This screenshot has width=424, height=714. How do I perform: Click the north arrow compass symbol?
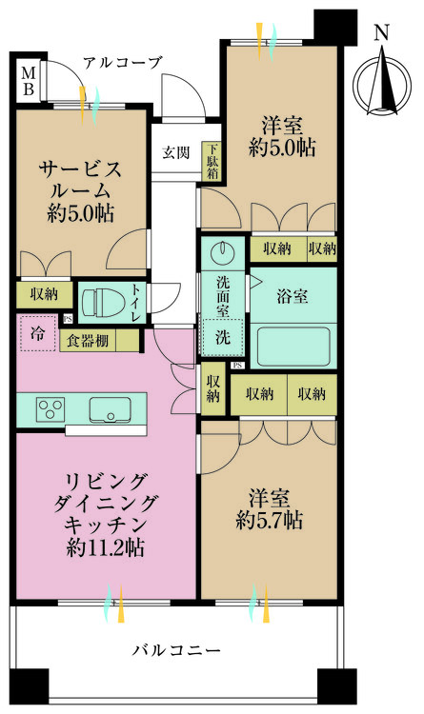click(381, 81)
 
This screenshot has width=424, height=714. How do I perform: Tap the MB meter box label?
click(29, 81)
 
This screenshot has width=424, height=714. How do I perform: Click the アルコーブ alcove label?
click(122, 63)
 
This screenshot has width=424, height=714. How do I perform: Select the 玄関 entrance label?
click(175, 151)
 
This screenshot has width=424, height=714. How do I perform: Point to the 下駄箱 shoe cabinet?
click(212, 161)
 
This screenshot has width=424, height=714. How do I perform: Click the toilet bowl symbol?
click(102, 303)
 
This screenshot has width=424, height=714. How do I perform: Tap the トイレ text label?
click(136, 303)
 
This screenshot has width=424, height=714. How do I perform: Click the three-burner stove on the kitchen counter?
click(50, 409)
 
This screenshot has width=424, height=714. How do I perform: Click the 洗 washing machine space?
click(221, 336)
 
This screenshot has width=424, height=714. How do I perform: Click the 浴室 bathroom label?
click(292, 296)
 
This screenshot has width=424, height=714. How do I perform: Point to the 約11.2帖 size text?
click(105, 548)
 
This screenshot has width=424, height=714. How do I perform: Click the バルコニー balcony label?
click(176, 651)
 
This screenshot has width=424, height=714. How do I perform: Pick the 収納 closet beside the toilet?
click(36, 294)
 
